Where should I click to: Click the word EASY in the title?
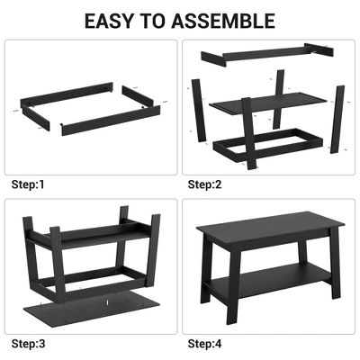point(115,20)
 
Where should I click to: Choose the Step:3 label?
point(27,343)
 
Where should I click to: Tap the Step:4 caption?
point(204,343)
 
